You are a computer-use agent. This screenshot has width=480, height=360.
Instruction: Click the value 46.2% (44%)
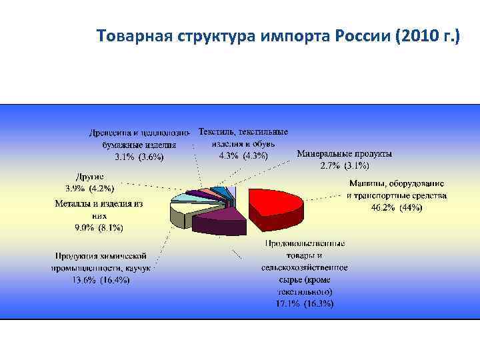coord(397,207)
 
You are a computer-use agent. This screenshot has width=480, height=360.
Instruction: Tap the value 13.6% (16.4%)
coord(101,280)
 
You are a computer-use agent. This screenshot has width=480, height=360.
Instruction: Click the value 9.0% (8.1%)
coord(99,227)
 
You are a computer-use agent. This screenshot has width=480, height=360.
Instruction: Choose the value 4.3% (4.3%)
coord(243,155)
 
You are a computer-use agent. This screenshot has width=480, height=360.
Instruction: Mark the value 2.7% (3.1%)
coord(344,165)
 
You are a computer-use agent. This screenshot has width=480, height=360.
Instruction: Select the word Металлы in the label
coord(74,204)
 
